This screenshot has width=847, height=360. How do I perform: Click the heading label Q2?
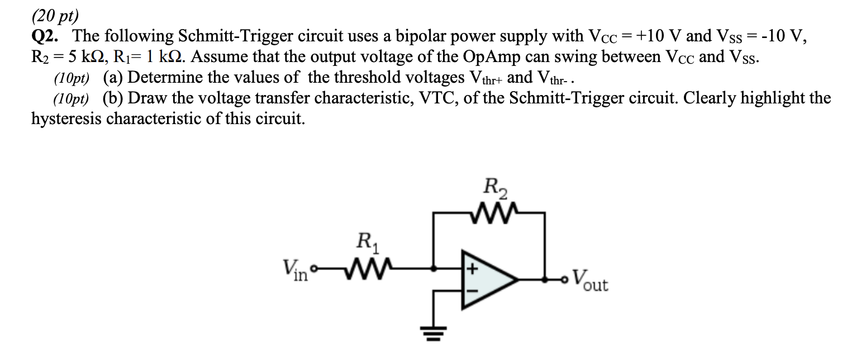pos(46,36)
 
